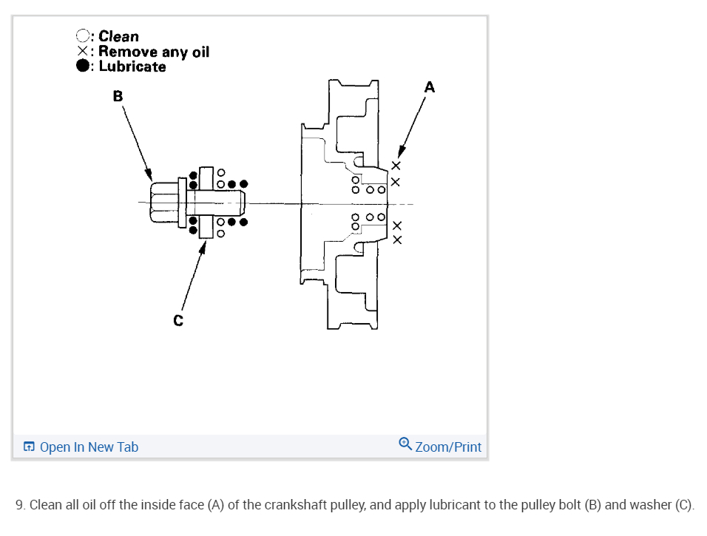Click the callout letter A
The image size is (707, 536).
click(430, 87)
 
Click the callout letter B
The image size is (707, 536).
click(118, 95)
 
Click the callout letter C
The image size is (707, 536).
click(177, 320)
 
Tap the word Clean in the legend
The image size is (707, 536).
click(118, 36)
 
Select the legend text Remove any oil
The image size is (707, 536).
click(154, 52)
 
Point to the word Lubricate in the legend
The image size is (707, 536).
click(132, 67)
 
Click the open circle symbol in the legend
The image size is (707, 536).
click(83, 36)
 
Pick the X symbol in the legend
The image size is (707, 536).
click(83, 52)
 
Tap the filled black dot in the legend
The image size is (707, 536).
click(83, 67)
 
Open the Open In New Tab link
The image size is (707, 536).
click(89, 447)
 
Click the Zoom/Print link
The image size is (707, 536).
click(448, 447)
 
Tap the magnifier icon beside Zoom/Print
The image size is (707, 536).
click(405, 445)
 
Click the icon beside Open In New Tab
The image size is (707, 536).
click(29, 447)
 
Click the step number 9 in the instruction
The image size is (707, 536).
click(19, 506)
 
